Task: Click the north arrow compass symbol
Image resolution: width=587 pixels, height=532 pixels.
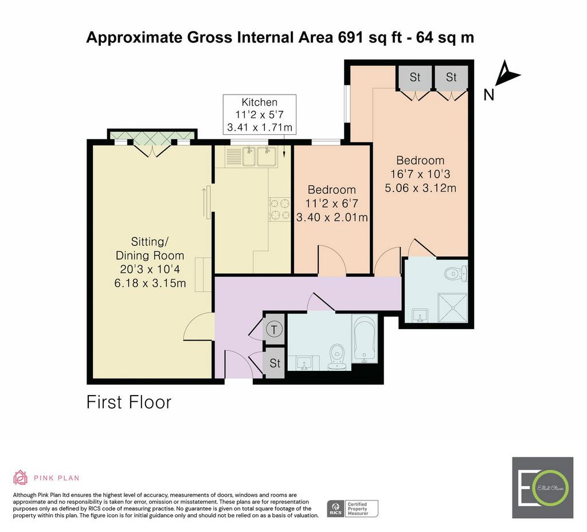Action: (x=506, y=74)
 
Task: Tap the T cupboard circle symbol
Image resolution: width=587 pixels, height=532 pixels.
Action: (x=275, y=330)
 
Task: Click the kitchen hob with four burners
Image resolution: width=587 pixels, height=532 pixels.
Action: (x=280, y=209)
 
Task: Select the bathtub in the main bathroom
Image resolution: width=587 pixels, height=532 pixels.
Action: (x=364, y=338)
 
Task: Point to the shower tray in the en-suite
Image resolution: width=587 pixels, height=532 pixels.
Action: (x=453, y=307)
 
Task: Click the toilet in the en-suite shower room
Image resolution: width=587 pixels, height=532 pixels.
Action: (x=456, y=273)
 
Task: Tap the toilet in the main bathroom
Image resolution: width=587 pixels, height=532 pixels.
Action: (x=338, y=358)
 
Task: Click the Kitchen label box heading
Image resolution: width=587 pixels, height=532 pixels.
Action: (x=260, y=102)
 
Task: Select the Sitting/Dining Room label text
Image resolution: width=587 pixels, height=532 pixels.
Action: (x=150, y=249)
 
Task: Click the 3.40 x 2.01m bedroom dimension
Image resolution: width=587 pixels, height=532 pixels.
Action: (x=332, y=217)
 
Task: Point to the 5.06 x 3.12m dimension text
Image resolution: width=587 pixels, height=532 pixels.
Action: (x=420, y=187)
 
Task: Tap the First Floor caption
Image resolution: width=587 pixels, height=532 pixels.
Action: (x=129, y=402)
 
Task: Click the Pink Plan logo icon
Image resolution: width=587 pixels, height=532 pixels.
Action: (x=20, y=478)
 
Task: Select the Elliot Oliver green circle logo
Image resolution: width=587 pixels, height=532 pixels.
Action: (x=552, y=488)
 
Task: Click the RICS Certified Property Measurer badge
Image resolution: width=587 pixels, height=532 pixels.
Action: (x=353, y=509)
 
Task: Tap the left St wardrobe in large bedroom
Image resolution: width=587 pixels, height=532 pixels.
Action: (x=415, y=77)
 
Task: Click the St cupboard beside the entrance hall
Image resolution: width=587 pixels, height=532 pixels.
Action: (x=275, y=363)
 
